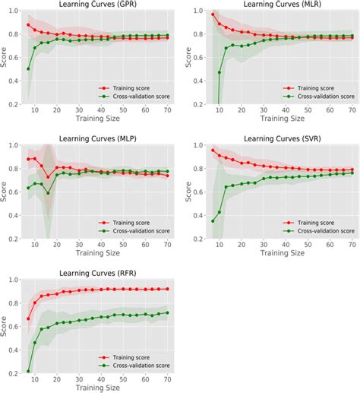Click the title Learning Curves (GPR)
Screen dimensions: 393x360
coord(95,5)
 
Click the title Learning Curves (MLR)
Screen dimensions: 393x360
coord(274,5)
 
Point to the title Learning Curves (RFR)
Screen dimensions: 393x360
coord(95,271)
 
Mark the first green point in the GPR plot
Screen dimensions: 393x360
coord(29,68)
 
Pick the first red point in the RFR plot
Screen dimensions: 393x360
coord(29,319)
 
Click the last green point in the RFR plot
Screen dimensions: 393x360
coord(166,312)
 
